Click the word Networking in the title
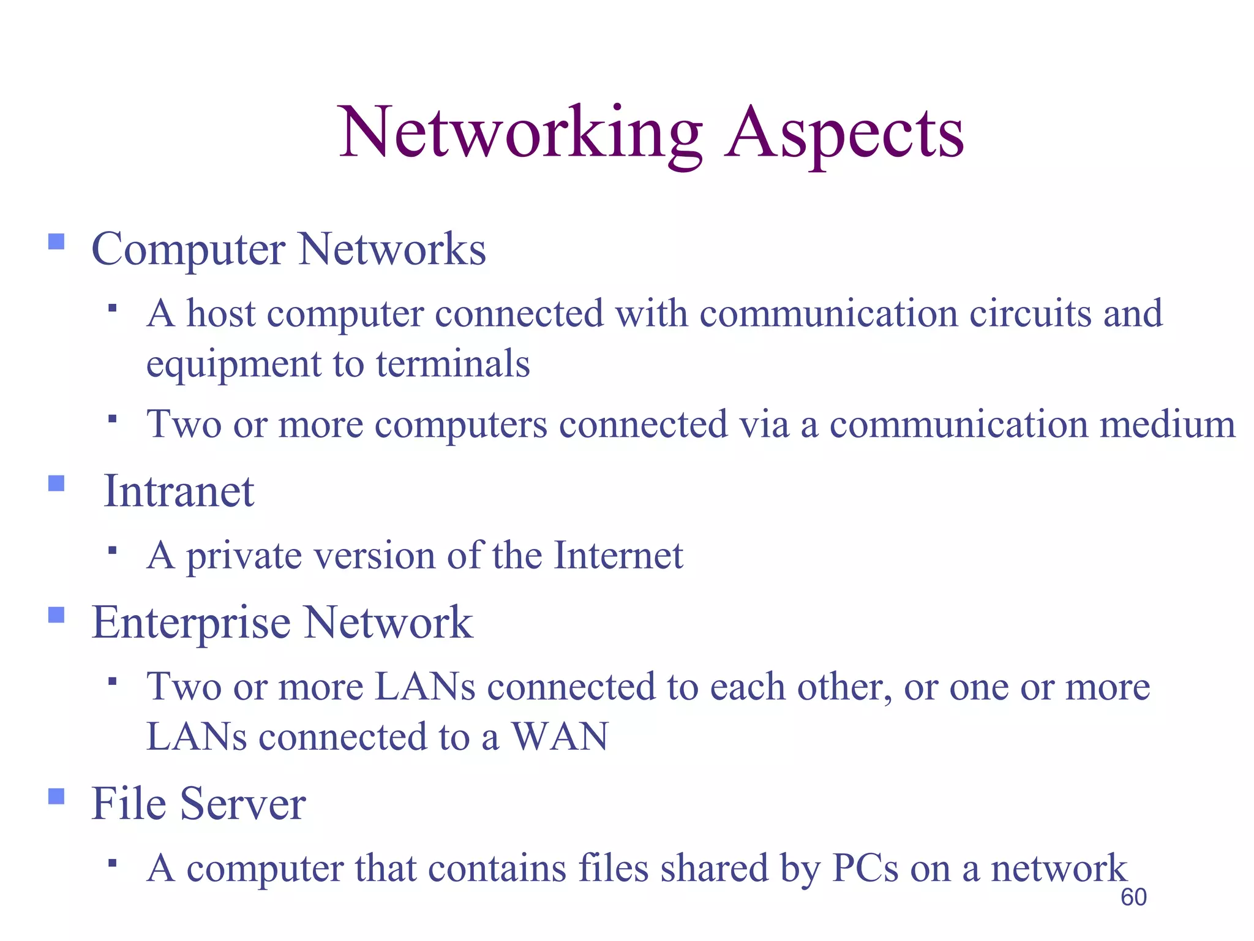pyautogui.click(x=520, y=134)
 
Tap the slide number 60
pyautogui.click(x=1133, y=898)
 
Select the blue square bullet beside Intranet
pyautogui.click(x=56, y=483)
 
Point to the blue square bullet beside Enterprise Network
pyautogui.click(x=56, y=614)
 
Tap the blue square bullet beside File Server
pyautogui.click(x=56, y=796)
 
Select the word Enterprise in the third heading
pyautogui.click(x=191, y=622)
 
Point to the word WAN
pyautogui.click(x=560, y=736)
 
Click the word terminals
pyautogui.click(x=452, y=364)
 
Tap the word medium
pyautogui.click(x=1168, y=425)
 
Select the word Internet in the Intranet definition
pyautogui.click(x=618, y=556)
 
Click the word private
pyautogui.click(x=244, y=557)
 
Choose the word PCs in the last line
pyautogui.click(x=865, y=868)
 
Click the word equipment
pyautogui.click(x=233, y=365)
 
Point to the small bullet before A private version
pyautogui.click(x=111, y=550)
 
